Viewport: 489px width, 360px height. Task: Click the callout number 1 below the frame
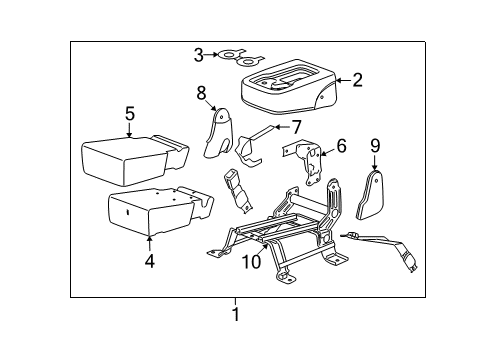[x=236, y=314]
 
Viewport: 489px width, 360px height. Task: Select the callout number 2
[x=357, y=80]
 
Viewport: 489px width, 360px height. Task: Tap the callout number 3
[x=199, y=55]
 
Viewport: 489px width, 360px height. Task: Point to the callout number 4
[x=150, y=261]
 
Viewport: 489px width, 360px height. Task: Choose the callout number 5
[x=130, y=114]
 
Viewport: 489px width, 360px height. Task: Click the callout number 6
[x=342, y=146]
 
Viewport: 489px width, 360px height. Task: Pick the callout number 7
[x=296, y=127]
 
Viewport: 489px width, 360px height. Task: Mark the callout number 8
[x=201, y=93]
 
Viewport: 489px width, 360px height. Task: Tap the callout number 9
[x=375, y=146]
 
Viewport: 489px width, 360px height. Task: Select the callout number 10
[x=252, y=262]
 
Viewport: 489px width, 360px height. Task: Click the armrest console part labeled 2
[x=288, y=86]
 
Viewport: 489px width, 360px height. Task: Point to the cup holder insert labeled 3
[x=240, y=58]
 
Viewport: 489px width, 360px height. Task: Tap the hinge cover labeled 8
[x=218, y=132]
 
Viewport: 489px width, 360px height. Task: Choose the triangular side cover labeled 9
[x=370, y=195]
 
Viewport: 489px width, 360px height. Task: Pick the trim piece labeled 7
[x=252, y=147]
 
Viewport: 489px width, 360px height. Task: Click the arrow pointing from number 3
[x=211, y=54]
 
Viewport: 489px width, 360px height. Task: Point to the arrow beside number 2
[x=343, y=80]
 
